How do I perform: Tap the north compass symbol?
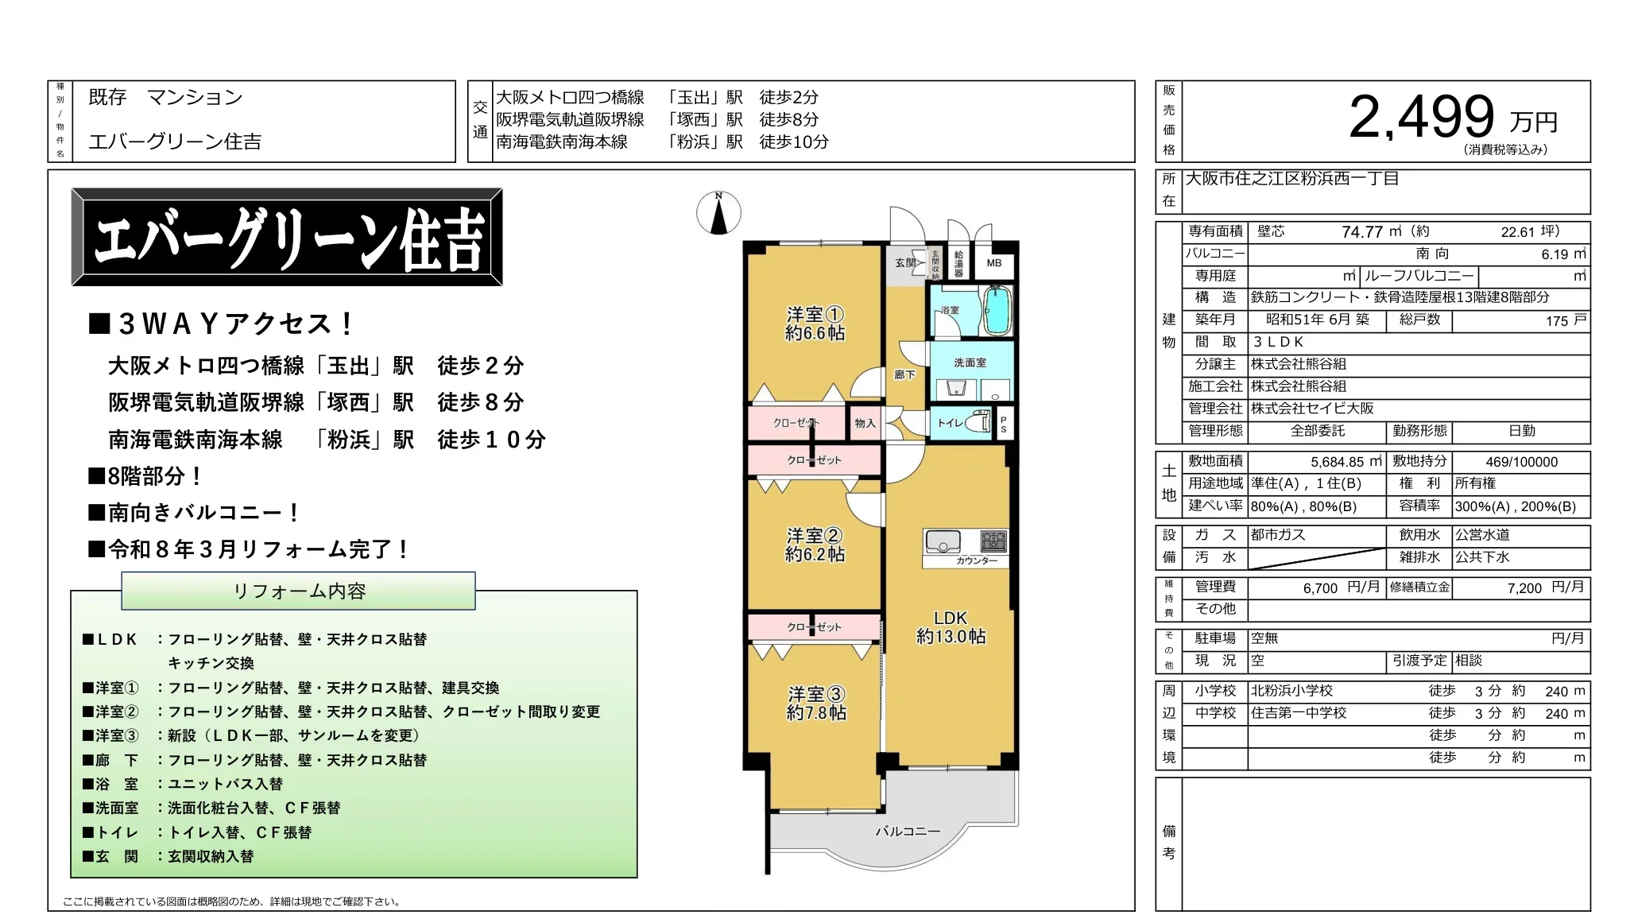click(x=718, y=214)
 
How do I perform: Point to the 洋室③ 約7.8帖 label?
click(x=816, y=704)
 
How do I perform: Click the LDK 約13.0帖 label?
click(x=951, y=626)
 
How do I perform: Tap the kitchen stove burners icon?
click(x=993, y=541)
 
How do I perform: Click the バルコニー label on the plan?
click(x=908, y=831)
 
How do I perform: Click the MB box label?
click(x=994, y=263)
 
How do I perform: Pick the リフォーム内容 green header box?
click(x=299, y=591)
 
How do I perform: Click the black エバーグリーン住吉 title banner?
click(x=287, y=237)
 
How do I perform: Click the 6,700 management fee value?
click(x=1320, y=588)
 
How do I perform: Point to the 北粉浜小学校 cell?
click(x=1291, y=691)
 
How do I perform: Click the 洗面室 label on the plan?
click(x=970, y=363)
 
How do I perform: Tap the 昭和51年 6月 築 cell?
click(x=1317, y=320)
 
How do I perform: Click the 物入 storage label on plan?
click(x=865, y=423)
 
